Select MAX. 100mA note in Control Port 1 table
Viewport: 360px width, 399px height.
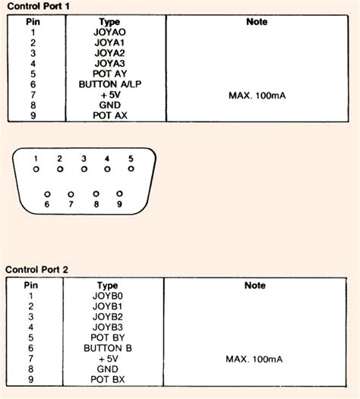(x=257, y=96)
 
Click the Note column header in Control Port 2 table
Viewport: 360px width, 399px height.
(x=256, y=285)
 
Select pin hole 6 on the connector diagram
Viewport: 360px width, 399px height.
(x=47, y=193)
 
